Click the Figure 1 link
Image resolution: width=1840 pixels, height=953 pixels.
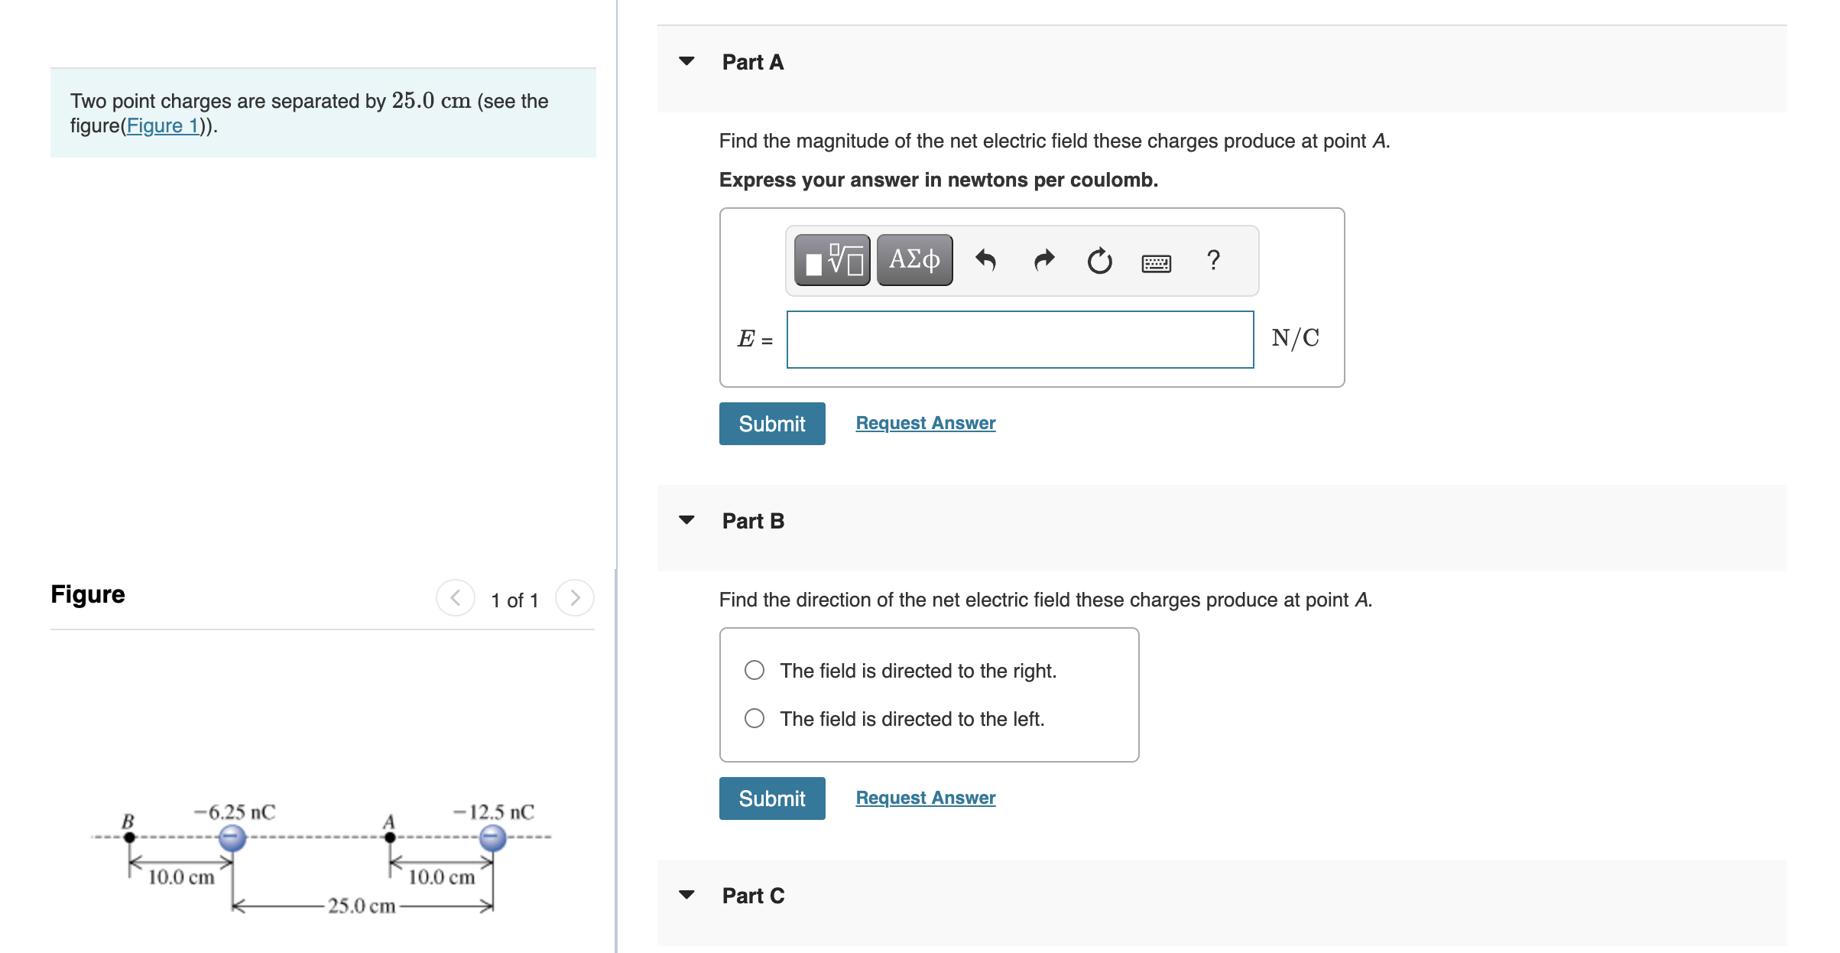(x=162, y=126)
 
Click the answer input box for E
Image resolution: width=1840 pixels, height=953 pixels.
(x=1020, y=340)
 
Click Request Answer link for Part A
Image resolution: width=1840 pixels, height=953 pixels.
(x=925, y=423)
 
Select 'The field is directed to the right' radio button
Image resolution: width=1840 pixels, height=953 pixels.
(x=754, y=671)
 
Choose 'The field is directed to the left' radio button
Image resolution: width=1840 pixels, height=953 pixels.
(x=754, y=718)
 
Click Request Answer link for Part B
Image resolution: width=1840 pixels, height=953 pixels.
(x=925, y=798)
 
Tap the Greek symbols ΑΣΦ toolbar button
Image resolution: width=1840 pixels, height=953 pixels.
(x=914, y=260)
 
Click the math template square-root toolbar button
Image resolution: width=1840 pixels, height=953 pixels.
(x=832, y=260)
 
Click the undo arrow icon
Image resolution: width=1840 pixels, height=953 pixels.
(x=985, y=261)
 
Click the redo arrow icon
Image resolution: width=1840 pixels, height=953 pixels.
(x=1043, y=261)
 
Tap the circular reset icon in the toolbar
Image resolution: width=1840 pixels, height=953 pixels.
(x=1099, y=261)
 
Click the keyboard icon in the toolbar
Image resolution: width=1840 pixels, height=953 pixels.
(x=1156, y=263)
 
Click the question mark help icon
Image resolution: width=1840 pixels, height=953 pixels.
(x=1213, y=260)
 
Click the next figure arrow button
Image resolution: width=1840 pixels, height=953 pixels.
(x=575, y=598)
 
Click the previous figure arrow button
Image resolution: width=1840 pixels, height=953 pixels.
(x=456, y=598)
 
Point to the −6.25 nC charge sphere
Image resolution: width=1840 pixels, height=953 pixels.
(x=232, y=838)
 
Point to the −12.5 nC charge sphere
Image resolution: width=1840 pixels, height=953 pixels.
(x=493, y=838)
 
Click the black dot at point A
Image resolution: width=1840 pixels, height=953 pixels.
(x=390, y=838)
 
